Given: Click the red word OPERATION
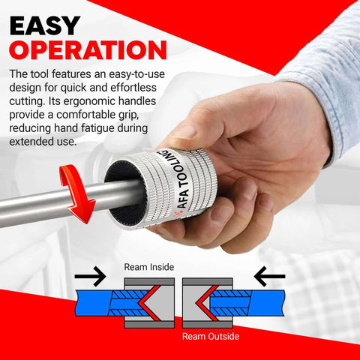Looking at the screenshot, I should [x=88, y=49].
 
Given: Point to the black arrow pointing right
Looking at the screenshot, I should [x=91, y=278].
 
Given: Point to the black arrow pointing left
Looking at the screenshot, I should [x=270, y=278].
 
